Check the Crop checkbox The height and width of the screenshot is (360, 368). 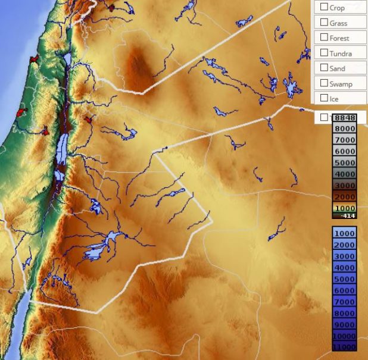point(324,7)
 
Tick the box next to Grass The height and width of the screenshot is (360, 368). point(324,22)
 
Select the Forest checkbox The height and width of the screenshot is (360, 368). point(324,37)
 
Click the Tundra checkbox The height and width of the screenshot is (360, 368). point(324,53)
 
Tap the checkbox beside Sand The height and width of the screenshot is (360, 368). point(324,68)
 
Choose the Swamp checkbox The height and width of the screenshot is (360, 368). point(324,83)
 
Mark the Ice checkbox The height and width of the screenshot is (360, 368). point(324,98)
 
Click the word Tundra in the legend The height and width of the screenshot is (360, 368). point(341,54)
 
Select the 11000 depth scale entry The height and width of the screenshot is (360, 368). point(344,347)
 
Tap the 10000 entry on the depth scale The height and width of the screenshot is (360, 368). point(344,336)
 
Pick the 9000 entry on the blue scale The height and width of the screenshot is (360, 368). point(344,325)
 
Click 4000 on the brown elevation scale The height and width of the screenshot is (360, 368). point(344,174)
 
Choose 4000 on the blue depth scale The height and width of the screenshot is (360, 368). point(344,268)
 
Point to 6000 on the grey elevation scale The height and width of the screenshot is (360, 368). point(344,151)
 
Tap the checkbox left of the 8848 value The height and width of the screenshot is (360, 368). point(324,117)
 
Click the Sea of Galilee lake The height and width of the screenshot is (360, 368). point(67,60)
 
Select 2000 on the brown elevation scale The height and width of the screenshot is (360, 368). point(344,197)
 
